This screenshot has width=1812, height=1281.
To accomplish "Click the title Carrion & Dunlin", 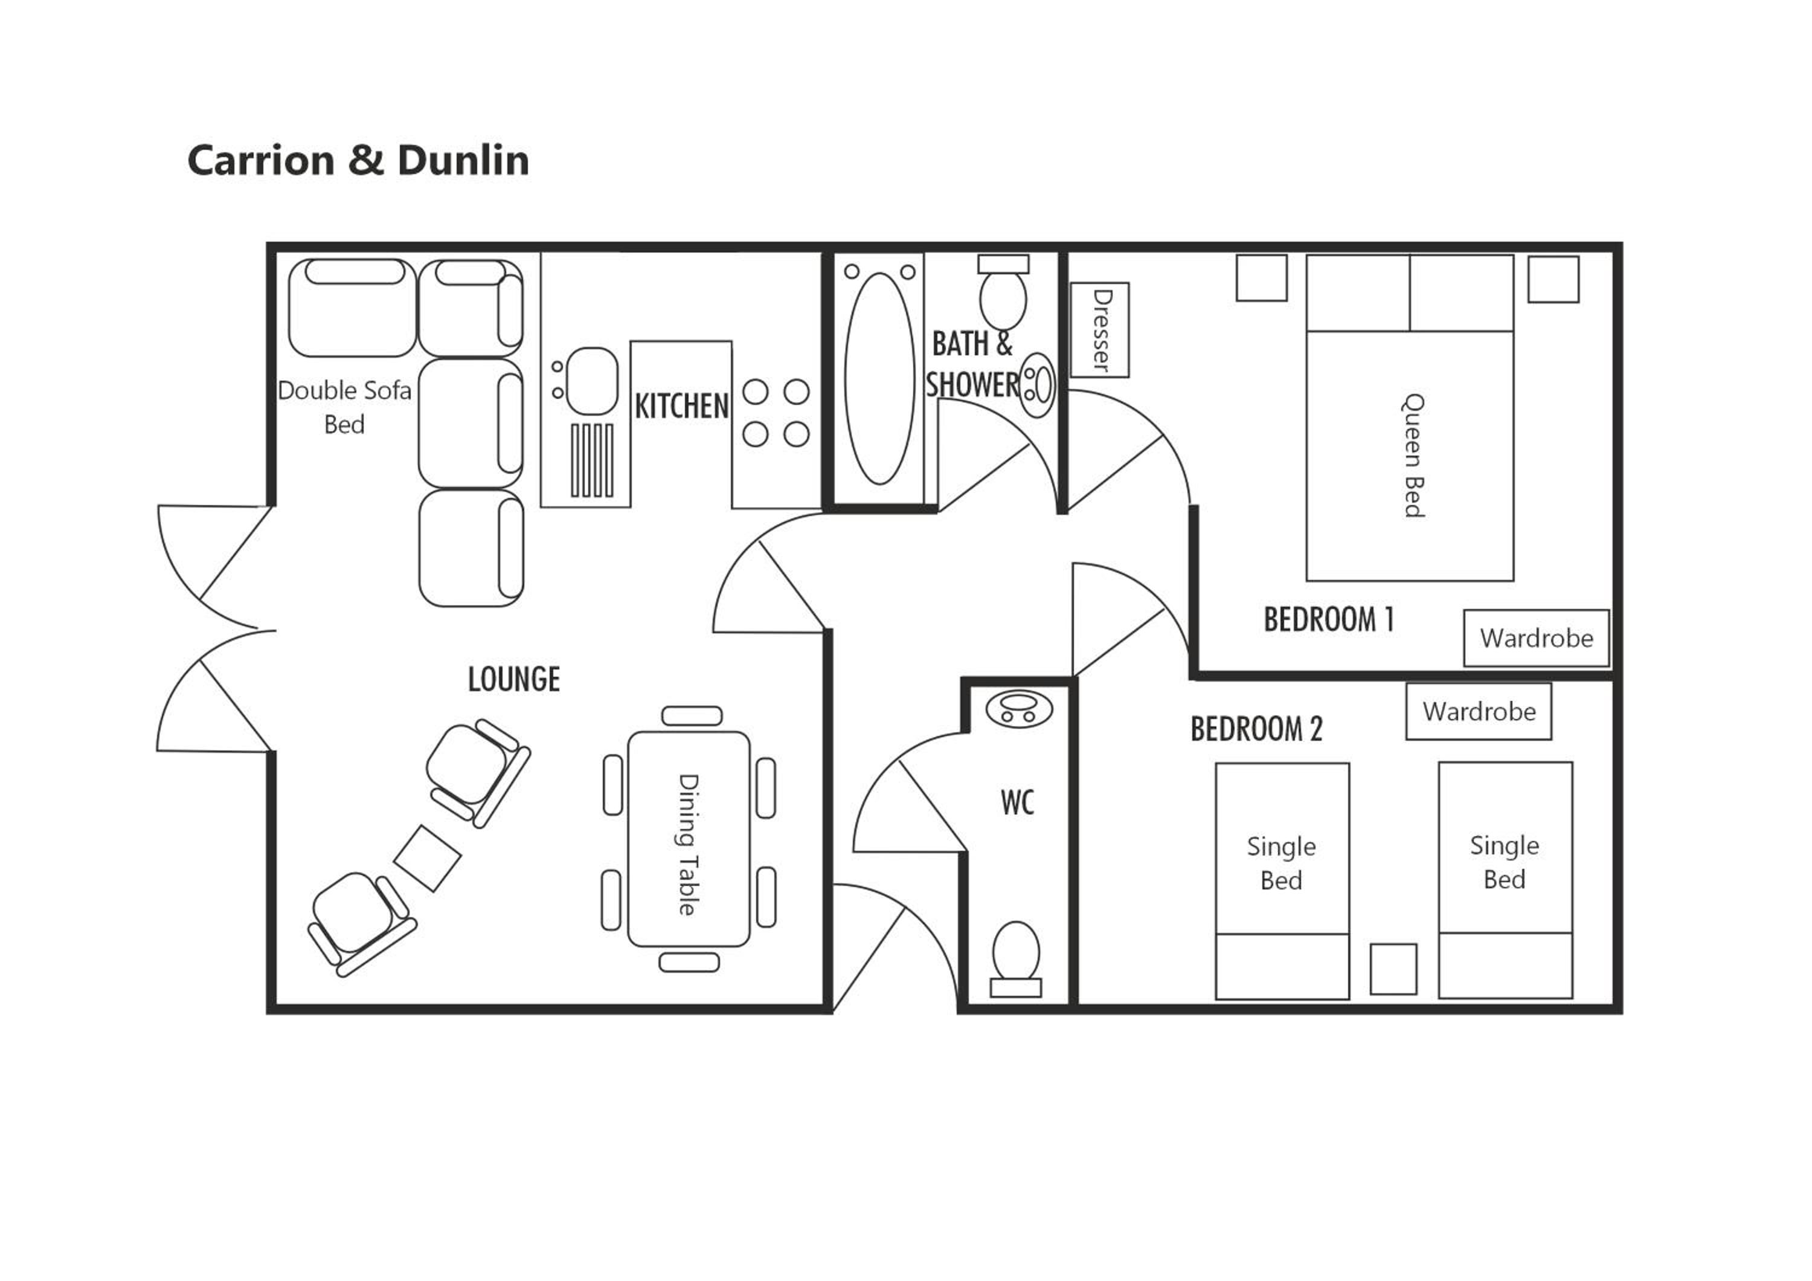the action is (358, 160).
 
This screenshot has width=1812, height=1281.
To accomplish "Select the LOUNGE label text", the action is (514, 679).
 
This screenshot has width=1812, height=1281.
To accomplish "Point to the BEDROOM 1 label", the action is (1328, 619).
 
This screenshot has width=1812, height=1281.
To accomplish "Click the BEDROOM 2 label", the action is (1256, 729).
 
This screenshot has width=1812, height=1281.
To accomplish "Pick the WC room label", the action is (1017, 802).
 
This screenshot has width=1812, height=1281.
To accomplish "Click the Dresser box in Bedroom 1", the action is (1099, 330).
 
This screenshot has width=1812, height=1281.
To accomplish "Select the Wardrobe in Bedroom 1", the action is (1537, 637).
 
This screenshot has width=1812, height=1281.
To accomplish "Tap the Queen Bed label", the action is (1413, 456).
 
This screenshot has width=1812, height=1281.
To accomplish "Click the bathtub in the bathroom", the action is (879, 378).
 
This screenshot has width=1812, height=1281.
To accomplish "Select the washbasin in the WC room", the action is (1019, 709).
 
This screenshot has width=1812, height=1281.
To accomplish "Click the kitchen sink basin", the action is (592, 381).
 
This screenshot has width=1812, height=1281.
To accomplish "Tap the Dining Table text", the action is (688, 845).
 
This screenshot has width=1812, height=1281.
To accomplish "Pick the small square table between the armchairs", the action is (427, 859).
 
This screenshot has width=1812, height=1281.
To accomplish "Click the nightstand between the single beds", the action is (1393, 969).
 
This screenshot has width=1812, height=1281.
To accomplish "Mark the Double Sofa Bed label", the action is (345, 407).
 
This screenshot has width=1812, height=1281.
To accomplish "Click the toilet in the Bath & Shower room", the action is (1003, 291).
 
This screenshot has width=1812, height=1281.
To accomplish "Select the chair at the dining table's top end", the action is (692, 716).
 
